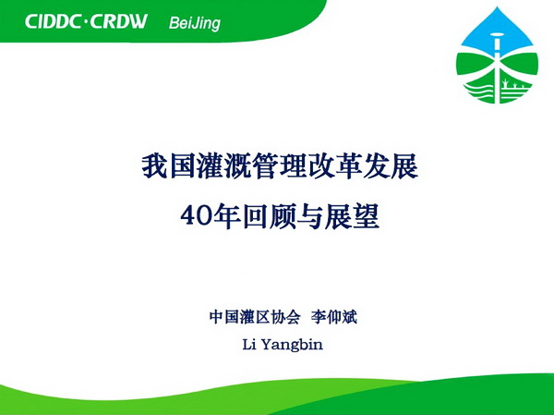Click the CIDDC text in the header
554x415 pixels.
(x=53, y=21)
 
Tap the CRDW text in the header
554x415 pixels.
(x=118, y=21)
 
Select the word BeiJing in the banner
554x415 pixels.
(x=195, y=23)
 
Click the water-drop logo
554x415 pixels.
(x=497, y=55)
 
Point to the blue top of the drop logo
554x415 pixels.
(x=497, y=31)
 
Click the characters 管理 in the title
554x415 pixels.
(x=280, y=166)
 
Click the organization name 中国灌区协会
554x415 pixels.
(x=255, y=317)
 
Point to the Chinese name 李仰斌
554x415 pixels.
(x=334, y=317)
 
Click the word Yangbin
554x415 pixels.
(x=293, y=344)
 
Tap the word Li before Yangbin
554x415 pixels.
(x=249, y=344)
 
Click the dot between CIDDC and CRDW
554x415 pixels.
(x=85, y=22)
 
